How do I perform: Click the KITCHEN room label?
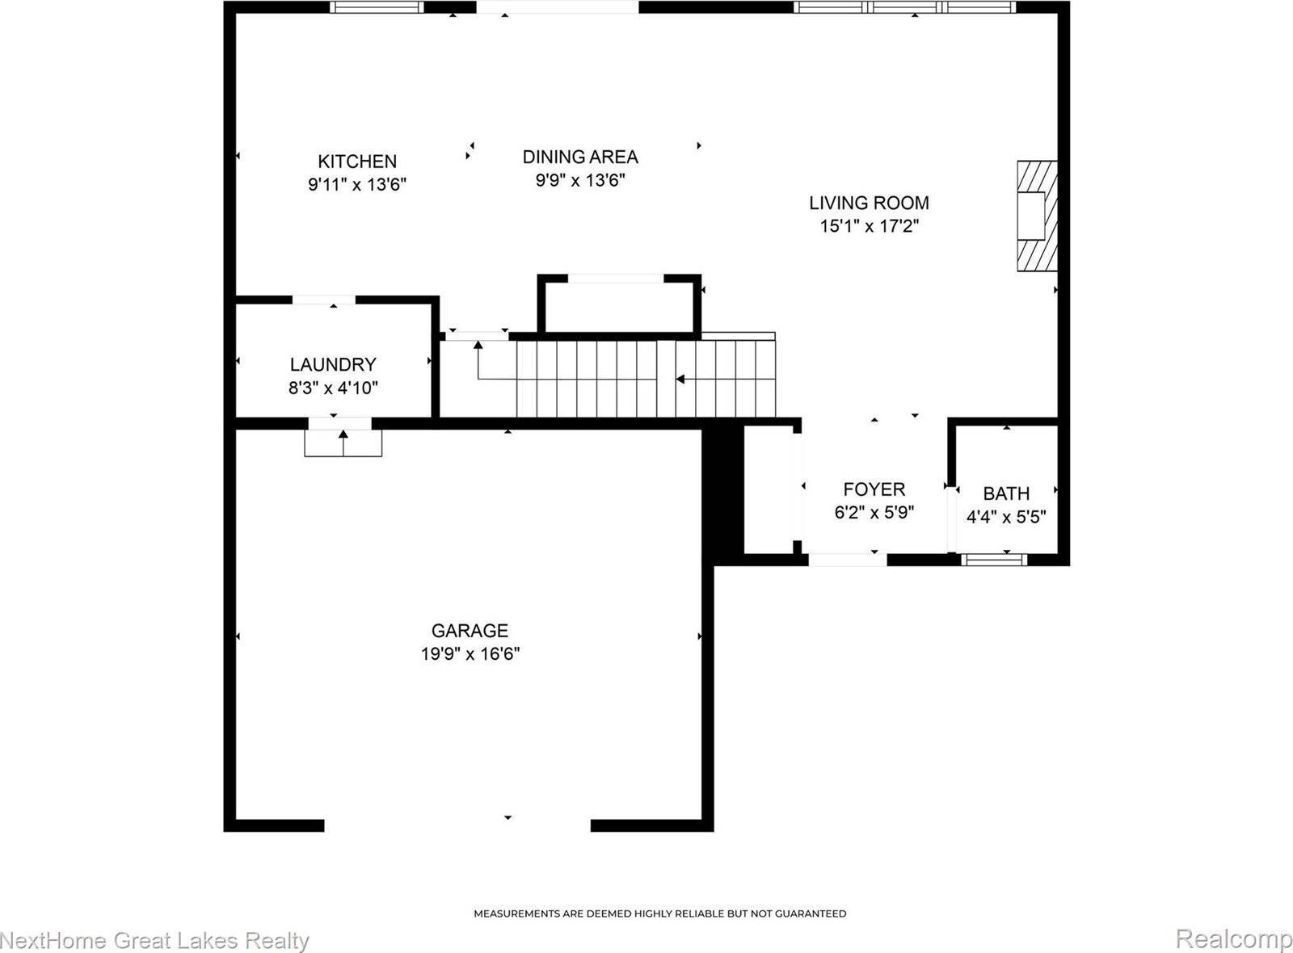click(x=356, y=162)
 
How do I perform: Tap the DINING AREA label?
click(x=580, y=157)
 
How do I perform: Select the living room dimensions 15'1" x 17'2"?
click(x=870, y=226)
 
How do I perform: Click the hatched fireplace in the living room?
click(x=1036, y=216)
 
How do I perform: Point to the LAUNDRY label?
click(x=333, y=364)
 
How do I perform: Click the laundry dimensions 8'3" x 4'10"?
click(x=333, y=388)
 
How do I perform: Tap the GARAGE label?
click(x=470, y=630)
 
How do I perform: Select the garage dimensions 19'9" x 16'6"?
click(x=470, y=653)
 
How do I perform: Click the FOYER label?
click(x=874, y=489)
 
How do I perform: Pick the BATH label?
click(x=1006, y=493)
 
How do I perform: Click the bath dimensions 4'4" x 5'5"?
click(x=1006, y=517)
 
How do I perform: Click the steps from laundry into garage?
click(x=343, y=443)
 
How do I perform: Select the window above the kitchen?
click(x=377, y=7)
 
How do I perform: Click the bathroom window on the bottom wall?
click(x=994, y=559)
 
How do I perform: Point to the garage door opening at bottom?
click(x=457, y=825)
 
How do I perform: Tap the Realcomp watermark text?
click(x=1233, y=939)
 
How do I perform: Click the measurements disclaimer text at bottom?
click(x=659, y=913)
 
